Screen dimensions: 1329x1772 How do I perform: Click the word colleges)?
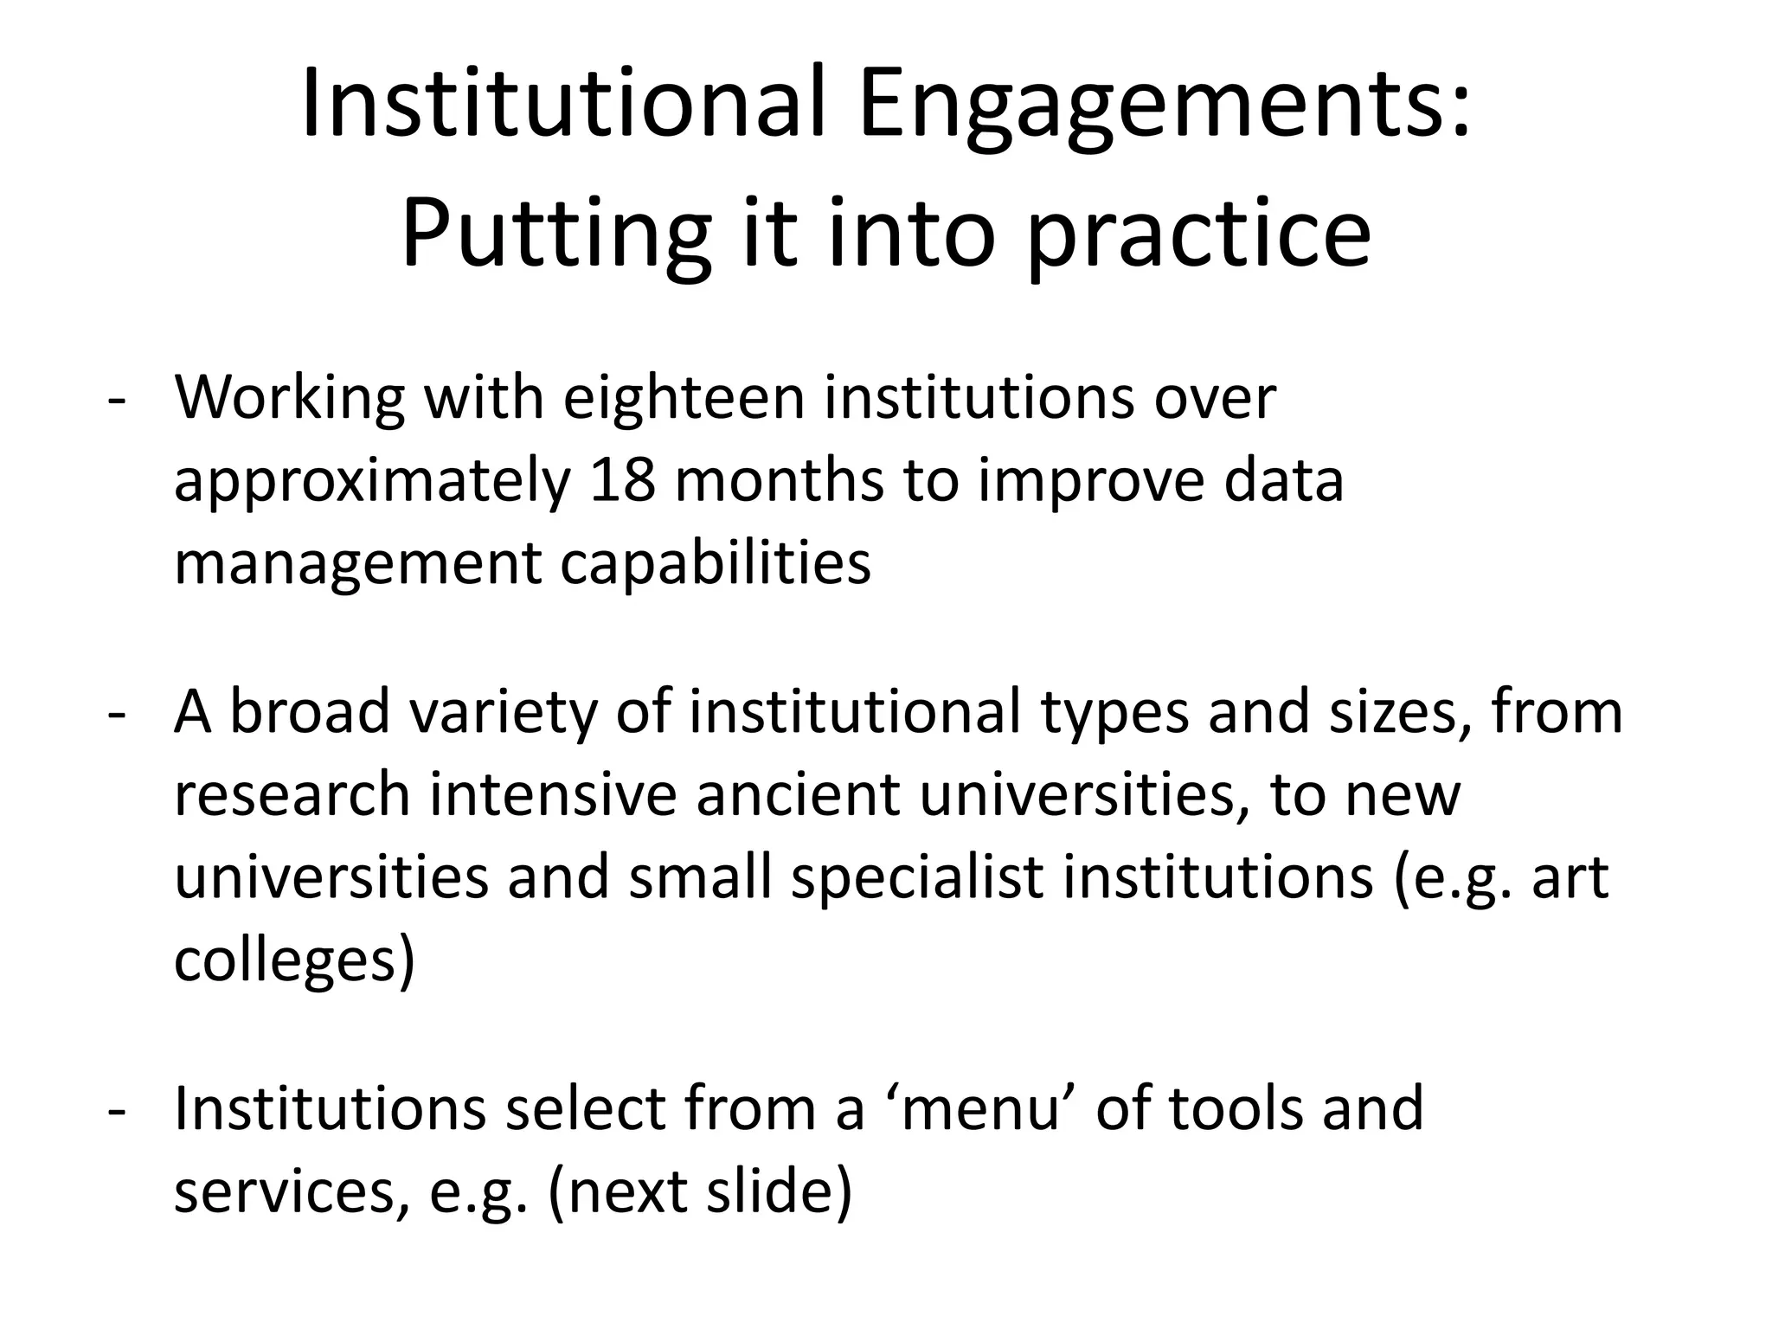click(x=294, y=961)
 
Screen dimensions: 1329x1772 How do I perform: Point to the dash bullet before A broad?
click(x=116, y=715)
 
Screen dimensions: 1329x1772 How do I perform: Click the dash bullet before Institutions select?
click(x=116, y=1111)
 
